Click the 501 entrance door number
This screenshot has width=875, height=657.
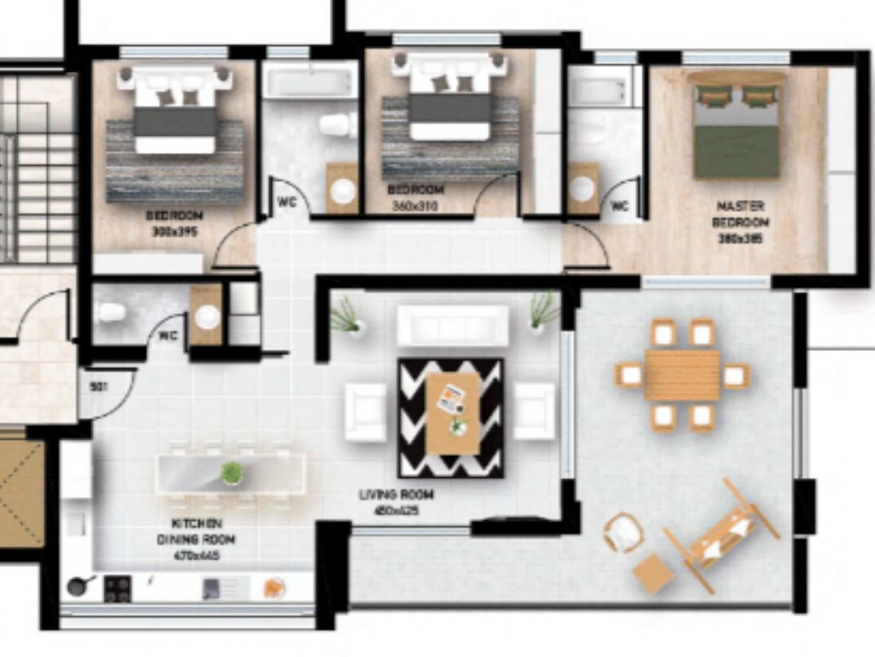98,386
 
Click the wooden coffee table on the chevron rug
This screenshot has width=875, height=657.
452,412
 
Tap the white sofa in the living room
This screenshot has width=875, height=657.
452,326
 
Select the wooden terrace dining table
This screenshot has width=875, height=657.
682,375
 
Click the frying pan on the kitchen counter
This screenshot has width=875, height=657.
79,587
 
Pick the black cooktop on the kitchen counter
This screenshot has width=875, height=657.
117,588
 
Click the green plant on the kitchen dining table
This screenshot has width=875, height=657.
232,472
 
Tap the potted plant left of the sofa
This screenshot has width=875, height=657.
347,316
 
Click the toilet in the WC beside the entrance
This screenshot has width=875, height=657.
111,312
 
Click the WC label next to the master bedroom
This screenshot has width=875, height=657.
620,206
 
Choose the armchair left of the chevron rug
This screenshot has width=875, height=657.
366,412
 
